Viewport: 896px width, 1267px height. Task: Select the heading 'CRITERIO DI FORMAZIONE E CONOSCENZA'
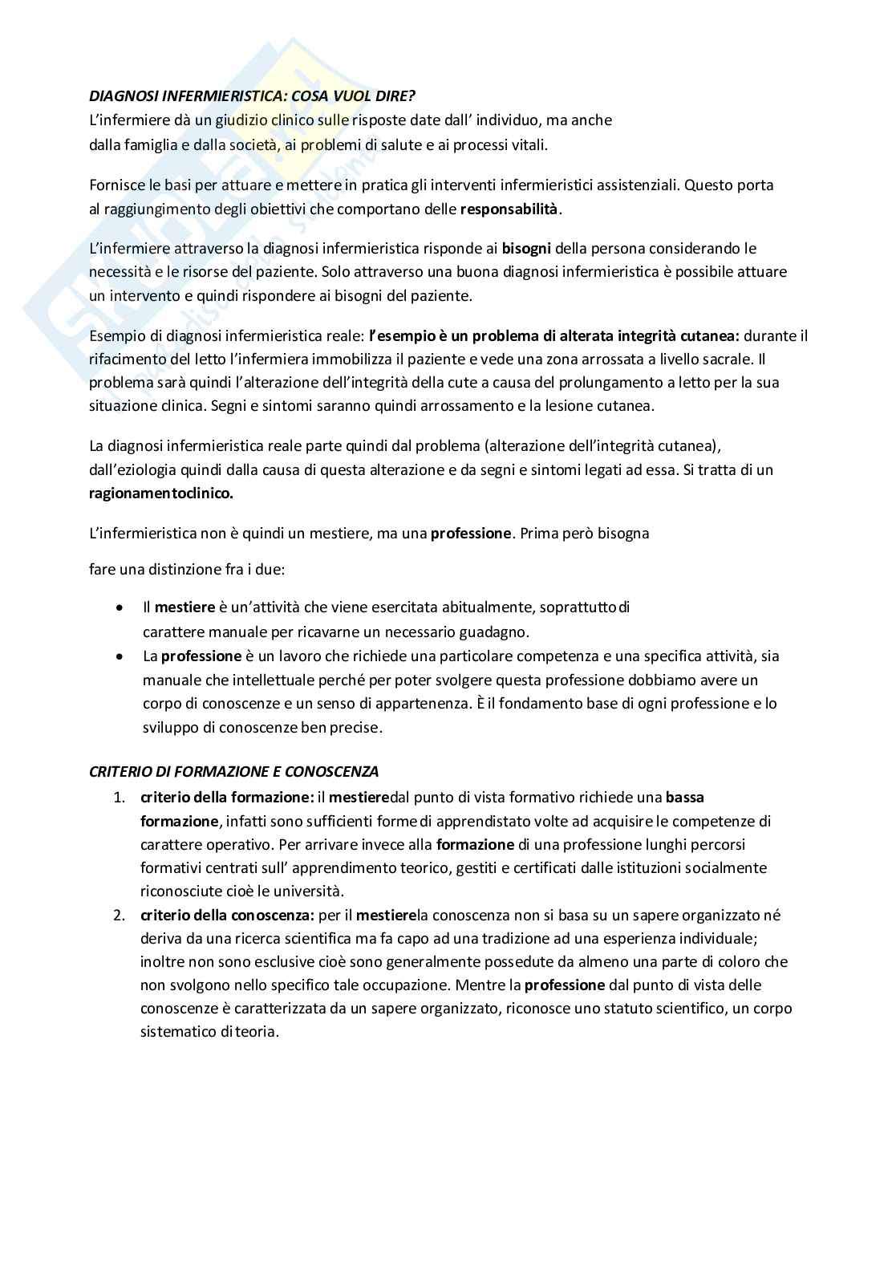233,772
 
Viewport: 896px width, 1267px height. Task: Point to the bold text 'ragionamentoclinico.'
161,493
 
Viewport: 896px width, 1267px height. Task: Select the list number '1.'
120,798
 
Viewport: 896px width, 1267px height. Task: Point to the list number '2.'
120,916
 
